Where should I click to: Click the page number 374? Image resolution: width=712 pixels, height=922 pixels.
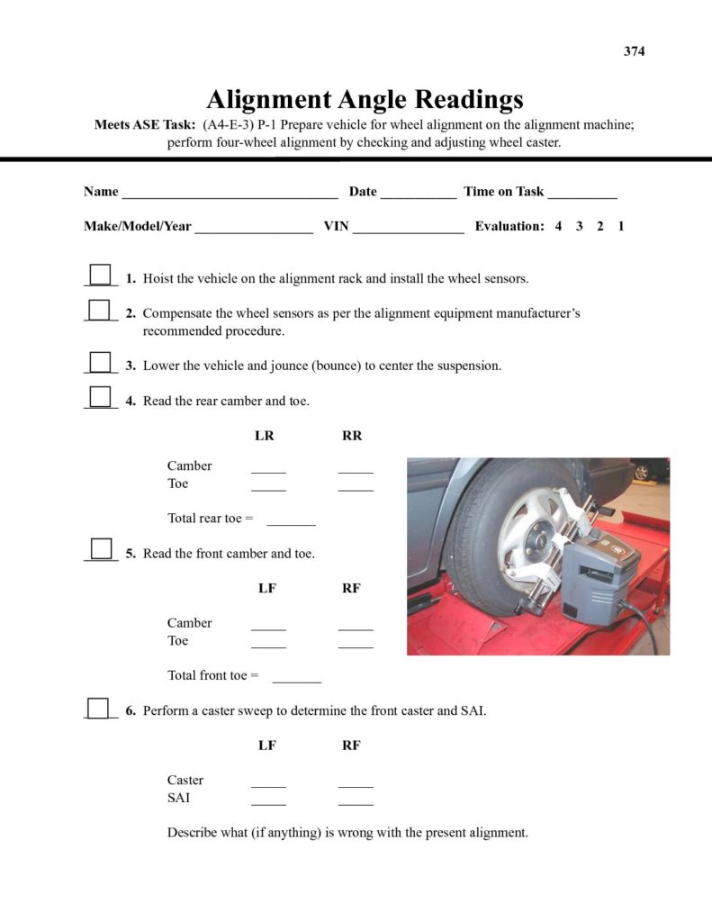[634, 51]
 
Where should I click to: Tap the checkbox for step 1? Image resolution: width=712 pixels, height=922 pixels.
[101, 275]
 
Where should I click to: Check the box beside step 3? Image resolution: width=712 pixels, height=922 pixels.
[101, 362]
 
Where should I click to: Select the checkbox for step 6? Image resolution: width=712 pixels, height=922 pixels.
[99, 708]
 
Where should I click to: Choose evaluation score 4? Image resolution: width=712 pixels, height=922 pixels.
[558, 226]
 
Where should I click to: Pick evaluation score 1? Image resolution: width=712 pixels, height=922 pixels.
[621, 226]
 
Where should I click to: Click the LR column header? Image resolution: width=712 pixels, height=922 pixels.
[265, 436]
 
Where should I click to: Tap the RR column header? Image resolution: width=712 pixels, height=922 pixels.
[352, 436]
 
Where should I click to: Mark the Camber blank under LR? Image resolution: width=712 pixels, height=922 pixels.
[268, 470]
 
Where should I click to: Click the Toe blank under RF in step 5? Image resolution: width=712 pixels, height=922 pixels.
[356, 645]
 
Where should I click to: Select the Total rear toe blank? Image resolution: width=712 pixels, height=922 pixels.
[292, 522]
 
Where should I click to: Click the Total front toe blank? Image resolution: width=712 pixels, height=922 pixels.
[296, 679]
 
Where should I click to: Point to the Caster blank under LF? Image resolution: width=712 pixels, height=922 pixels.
[268, 784]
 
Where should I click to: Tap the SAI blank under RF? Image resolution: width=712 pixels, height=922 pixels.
[356, 801]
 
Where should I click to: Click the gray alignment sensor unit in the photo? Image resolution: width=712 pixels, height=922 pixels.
[590, 576]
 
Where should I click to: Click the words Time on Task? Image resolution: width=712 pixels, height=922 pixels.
[504, 191]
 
